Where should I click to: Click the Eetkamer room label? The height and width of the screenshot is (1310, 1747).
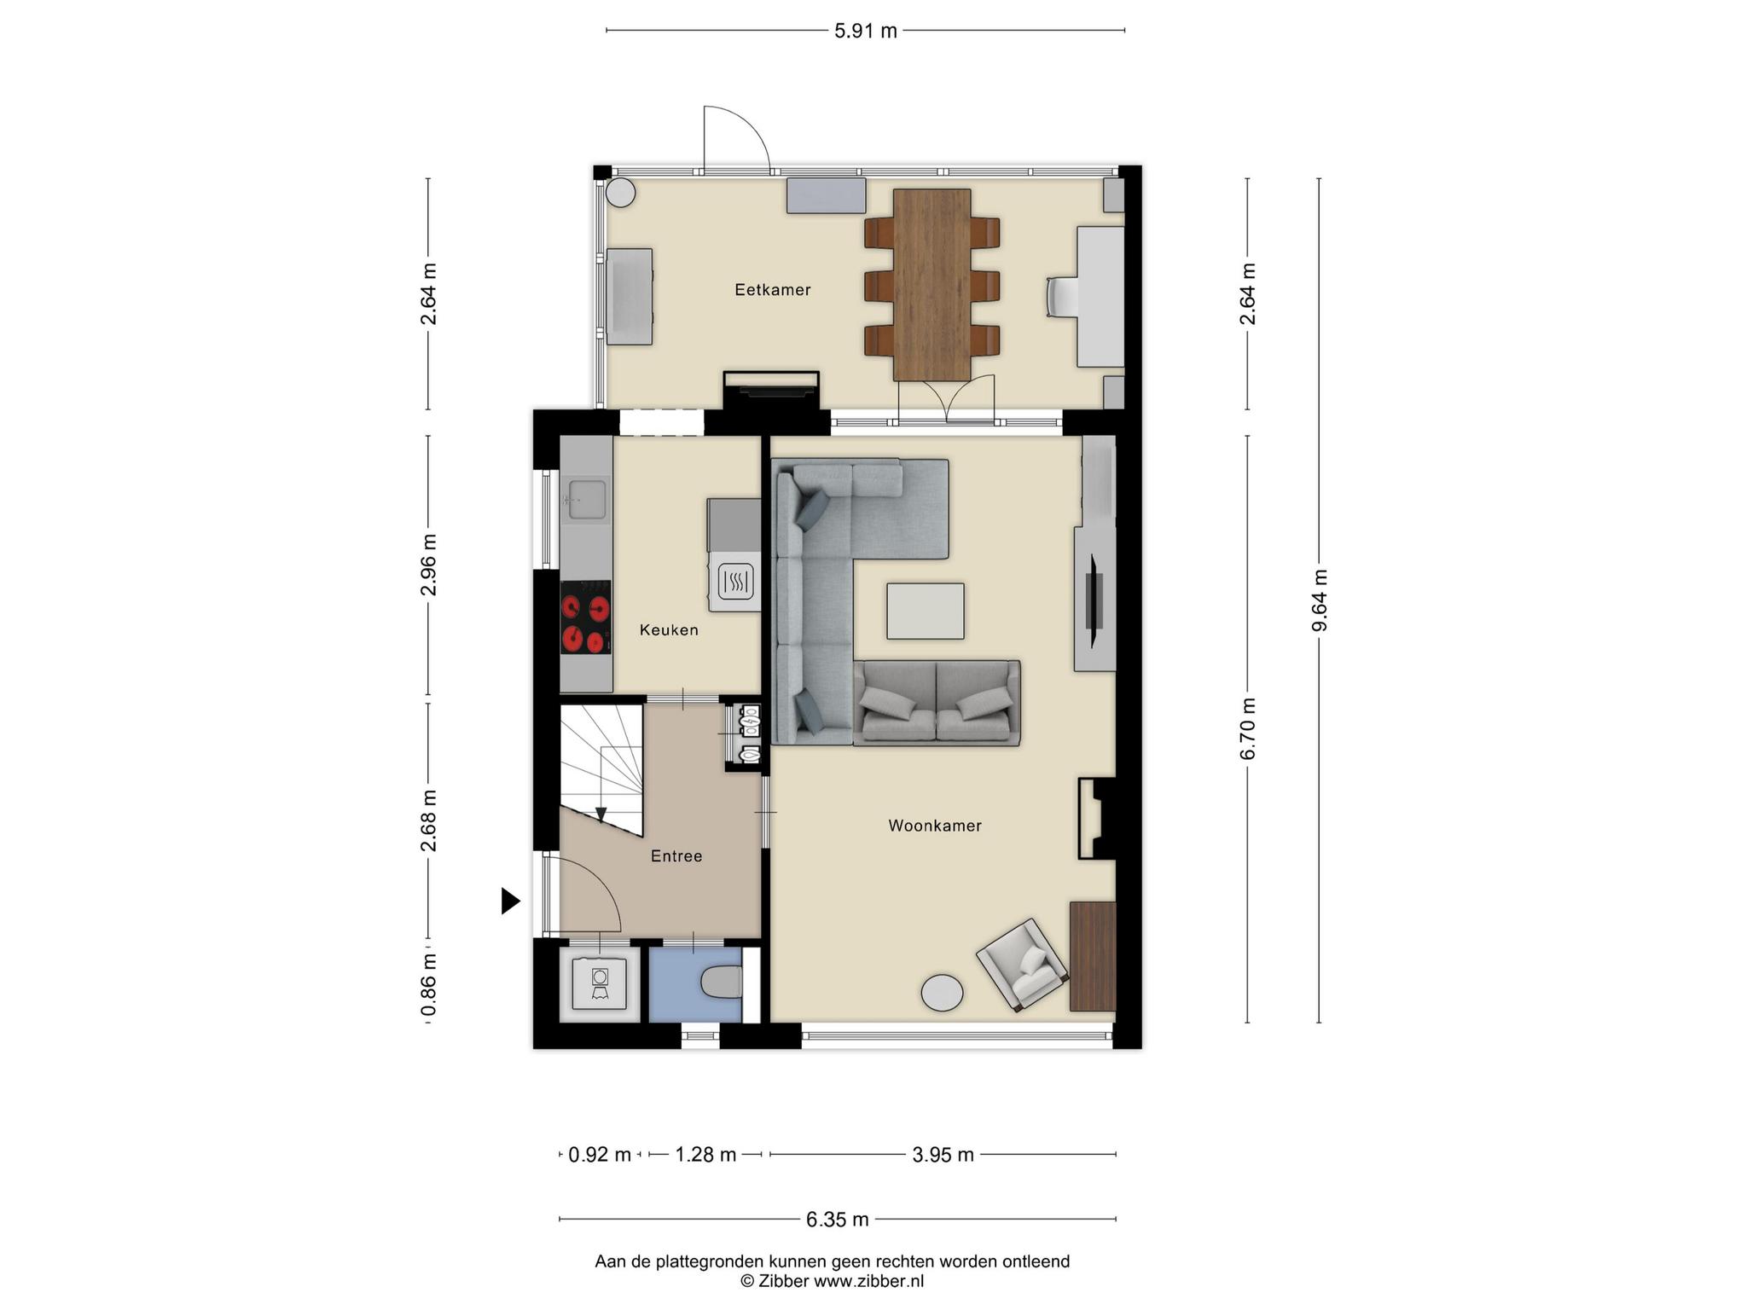773,290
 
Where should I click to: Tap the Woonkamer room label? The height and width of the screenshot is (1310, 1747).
935,826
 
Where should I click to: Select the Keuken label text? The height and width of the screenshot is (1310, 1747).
669,630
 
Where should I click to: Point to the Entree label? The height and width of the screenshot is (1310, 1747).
676,856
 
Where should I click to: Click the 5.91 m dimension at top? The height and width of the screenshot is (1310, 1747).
866,32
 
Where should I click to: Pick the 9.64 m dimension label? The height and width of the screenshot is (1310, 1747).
1320,600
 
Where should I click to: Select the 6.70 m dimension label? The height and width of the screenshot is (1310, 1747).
1248,728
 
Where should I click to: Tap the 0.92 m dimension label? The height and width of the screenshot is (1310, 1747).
600,1155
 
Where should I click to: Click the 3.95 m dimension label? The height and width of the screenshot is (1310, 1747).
943,1155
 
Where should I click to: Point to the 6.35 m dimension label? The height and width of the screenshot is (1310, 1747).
838,1220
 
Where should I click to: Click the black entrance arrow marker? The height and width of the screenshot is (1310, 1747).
510,901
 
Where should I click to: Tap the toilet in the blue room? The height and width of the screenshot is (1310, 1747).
723,982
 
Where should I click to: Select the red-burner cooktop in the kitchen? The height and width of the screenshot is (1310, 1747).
585,617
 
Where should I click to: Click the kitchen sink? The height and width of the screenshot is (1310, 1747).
587,499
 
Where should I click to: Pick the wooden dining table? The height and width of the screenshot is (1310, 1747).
932,285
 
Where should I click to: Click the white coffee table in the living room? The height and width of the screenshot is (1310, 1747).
926,611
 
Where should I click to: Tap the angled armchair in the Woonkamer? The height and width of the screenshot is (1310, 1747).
1022,965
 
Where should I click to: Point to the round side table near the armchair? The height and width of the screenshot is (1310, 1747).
943,993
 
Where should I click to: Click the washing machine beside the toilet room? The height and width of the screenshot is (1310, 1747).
601,983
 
